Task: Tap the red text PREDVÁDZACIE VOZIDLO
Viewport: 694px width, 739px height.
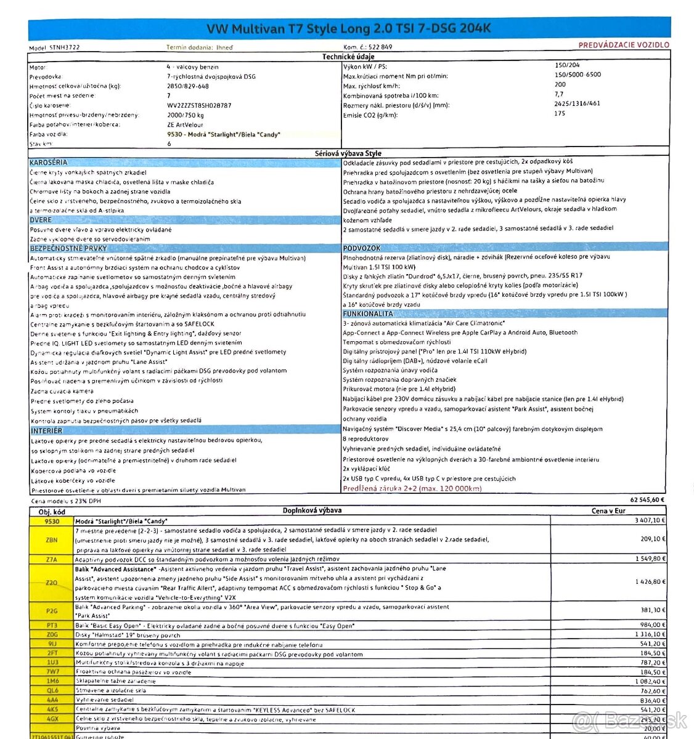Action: (623, 45)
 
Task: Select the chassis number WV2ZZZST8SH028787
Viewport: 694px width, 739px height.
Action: (198, 105)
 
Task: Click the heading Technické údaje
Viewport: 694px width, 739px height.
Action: (348, 57)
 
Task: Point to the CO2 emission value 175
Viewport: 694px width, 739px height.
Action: (559, 113)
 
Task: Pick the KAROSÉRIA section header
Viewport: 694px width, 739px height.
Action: (49, 163)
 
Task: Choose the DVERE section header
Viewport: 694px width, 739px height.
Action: (41, 220)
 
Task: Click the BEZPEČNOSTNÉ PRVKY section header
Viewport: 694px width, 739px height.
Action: (68, 248)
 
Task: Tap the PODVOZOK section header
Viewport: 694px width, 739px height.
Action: (362, 248)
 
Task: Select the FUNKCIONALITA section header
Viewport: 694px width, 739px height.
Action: (368, 313)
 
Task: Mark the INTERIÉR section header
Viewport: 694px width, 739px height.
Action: (46, 430)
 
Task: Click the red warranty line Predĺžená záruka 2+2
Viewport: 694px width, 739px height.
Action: (412, 488)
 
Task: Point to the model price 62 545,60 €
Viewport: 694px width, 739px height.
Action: (647, 500)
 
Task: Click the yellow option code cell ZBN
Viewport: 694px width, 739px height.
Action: (51, 539)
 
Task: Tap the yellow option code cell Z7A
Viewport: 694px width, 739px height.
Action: (51, 559)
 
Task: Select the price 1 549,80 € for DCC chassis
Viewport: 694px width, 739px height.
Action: (650, 559)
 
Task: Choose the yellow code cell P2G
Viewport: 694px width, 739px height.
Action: (51, 610)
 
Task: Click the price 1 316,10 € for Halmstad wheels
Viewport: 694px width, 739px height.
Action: (650, 634)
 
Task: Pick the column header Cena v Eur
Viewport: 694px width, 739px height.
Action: (608, 511)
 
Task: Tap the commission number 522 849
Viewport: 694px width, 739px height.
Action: (380, 47)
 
